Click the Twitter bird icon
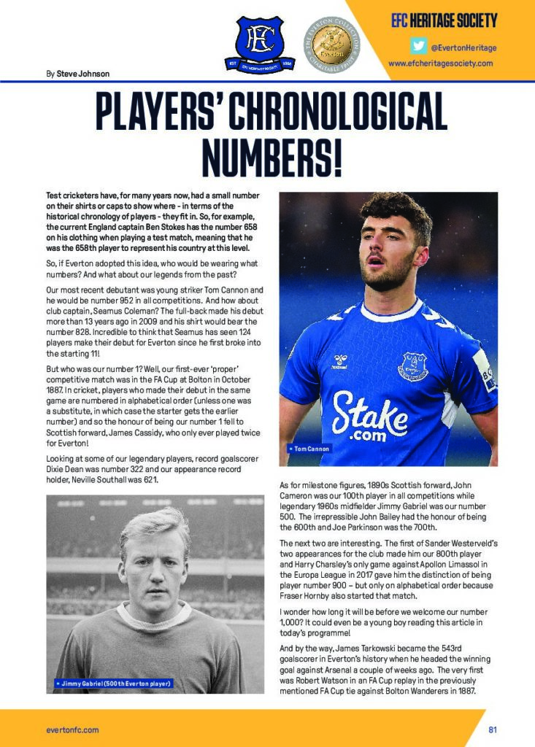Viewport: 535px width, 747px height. coord(418,46)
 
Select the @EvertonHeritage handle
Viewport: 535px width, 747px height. coord(463,47)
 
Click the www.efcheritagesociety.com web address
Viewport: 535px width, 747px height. coord(440,63)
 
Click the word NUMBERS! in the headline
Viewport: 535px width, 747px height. coord(272,155)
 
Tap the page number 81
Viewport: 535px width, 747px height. coord(493,729)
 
